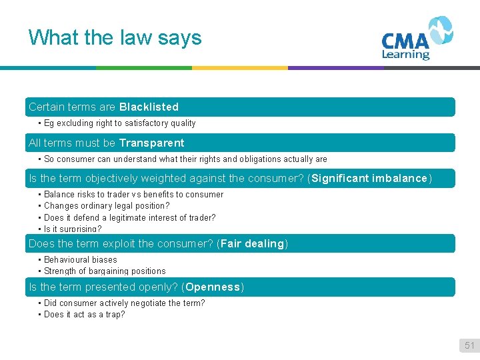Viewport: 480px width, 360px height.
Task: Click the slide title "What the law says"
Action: [x=115, y=37]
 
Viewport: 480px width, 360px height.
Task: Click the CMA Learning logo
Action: [x=417, y=39]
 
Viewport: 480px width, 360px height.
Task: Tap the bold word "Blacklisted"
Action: [x=149, y=107]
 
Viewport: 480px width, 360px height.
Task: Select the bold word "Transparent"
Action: [x=151, y=143]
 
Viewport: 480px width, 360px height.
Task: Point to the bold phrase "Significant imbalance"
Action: [x=369, y=178]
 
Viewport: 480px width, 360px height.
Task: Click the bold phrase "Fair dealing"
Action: [x=252, y=243]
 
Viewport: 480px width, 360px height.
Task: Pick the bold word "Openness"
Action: [x=213, y=287]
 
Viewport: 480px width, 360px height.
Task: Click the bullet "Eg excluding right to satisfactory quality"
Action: [x=119, y=123]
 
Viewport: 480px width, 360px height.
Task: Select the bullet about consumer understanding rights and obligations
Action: [x=185, y=159]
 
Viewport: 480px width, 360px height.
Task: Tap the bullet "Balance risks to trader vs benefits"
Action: [x=133, y=195]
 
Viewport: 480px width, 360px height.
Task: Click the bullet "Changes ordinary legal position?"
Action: [x=107, y=206]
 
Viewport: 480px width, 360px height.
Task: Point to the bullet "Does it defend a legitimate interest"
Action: [x=129, y=217]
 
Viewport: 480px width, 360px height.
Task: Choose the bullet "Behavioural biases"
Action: [x=80, y=259]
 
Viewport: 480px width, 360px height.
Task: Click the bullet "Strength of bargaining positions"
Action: [x=105, y=271]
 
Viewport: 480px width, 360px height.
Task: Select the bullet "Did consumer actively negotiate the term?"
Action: [x=124, y=303]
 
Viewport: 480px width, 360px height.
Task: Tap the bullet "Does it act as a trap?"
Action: [x=84, y=314]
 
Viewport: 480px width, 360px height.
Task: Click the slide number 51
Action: [x=469, y=345]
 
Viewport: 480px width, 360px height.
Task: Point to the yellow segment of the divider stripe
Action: [x=240, y=67]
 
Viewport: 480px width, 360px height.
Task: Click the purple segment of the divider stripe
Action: [x=336, y=67]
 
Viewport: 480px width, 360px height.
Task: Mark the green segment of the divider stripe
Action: [x=144, y=67]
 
